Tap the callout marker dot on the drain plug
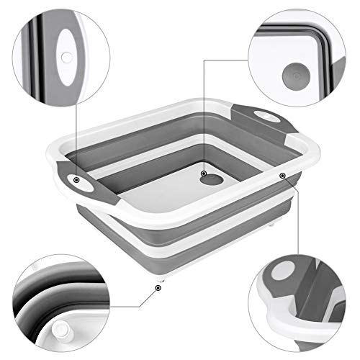(x=204, y=174)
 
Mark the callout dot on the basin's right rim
(x=282, y=176)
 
